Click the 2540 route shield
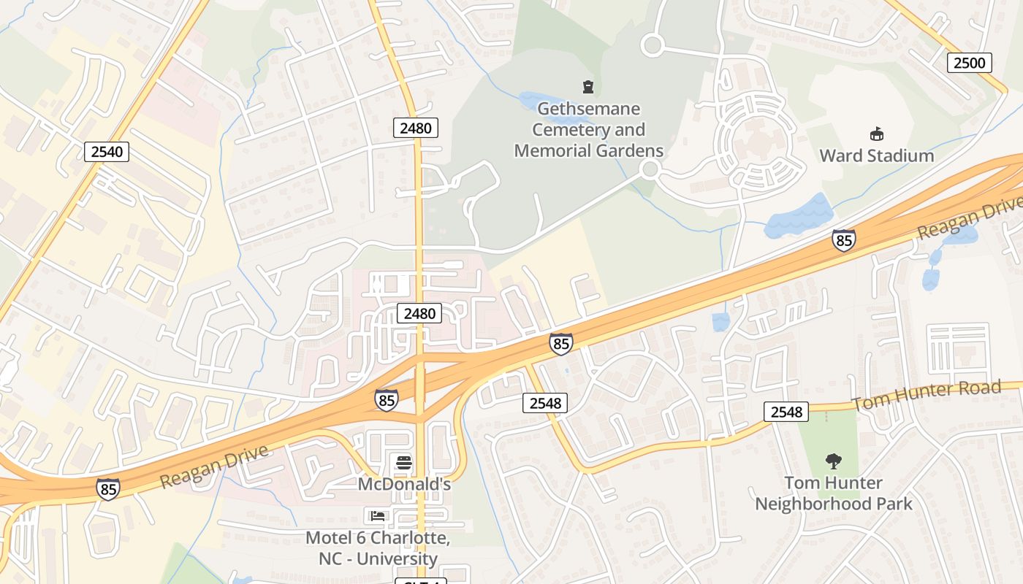coord(107,152)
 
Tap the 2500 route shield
coord(969,63)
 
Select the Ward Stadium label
coord(876,155)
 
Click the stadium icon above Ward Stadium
coord(876,134)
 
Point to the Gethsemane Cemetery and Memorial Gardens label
coord(588,130)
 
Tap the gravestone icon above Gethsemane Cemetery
coord(587,88)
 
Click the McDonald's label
coord(404,483)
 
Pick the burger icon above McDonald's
coord(403,462)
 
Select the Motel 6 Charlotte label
coord(377,548)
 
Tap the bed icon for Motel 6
coord(378,516)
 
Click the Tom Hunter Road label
coord(927,395)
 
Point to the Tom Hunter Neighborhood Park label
coord(833,493)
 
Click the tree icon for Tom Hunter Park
coord(833,461)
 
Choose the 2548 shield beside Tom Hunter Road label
coord(786,412)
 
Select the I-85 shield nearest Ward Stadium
coord(843,240)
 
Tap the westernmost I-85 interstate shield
coord(107,489)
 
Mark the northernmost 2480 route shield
coord(416,128)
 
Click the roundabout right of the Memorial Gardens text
coord(650,170)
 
